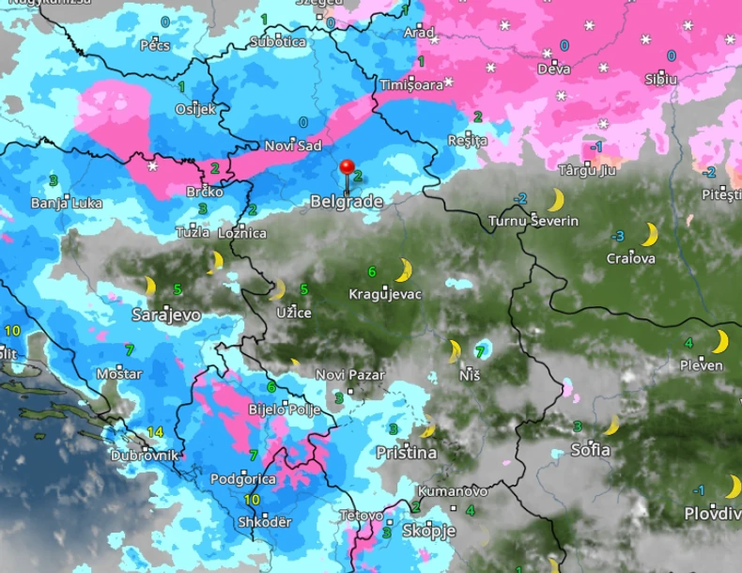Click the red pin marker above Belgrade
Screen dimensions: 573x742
pos(347,169)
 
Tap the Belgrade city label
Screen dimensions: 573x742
pos(347,202)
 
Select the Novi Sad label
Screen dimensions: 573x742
pos(292,146)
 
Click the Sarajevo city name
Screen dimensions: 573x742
pos(166,315)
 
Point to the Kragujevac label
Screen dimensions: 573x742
pos(385,294)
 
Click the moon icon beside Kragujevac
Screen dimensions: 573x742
pos(404,271)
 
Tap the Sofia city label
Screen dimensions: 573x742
pos(591,450)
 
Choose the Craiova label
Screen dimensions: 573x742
pos(631,258)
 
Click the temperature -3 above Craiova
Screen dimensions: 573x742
pos(617,236)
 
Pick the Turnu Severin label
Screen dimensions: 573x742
pos(533,221)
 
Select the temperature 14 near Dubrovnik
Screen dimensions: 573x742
pos(156,432)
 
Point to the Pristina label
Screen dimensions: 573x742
pos(406,453)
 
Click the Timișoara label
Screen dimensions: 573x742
pos(411,85)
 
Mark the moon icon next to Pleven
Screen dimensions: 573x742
pos(720,341)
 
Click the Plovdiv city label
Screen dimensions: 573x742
pos(712,513)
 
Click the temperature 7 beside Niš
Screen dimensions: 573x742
pos(480,352)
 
